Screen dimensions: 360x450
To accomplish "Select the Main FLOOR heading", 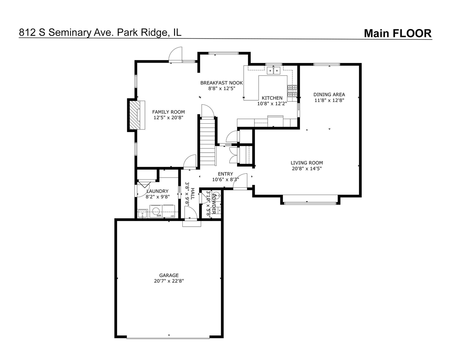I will [397, 33].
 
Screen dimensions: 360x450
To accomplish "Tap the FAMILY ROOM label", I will [168, 112].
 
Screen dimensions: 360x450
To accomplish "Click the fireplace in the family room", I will [135, 115].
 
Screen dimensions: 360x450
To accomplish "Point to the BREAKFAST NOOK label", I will [221, 83].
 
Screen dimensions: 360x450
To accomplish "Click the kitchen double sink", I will [274, 70].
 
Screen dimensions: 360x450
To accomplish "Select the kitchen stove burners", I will [292, 91].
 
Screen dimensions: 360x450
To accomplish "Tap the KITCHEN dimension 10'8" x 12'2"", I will [272, 104].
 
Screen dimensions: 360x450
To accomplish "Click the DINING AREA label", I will [329, 94].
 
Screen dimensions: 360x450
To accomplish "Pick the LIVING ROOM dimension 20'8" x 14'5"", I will [306, 169].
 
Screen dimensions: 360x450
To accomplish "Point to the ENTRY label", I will [225, 174].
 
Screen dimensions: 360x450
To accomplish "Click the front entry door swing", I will [242, 182].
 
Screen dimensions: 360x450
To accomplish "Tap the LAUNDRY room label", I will [157, 191].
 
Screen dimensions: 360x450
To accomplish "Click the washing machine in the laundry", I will [155, 211].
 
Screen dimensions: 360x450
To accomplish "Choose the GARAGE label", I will [169, 275].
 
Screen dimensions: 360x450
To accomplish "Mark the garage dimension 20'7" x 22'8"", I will [169, 281].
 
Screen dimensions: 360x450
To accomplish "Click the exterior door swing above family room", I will [176, 55].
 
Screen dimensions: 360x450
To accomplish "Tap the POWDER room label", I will [214, 204].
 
